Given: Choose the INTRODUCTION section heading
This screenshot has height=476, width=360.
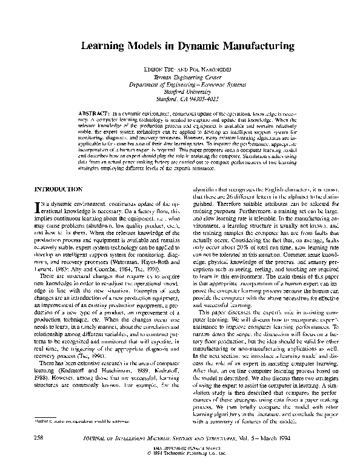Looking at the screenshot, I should click(x=58, y=190).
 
